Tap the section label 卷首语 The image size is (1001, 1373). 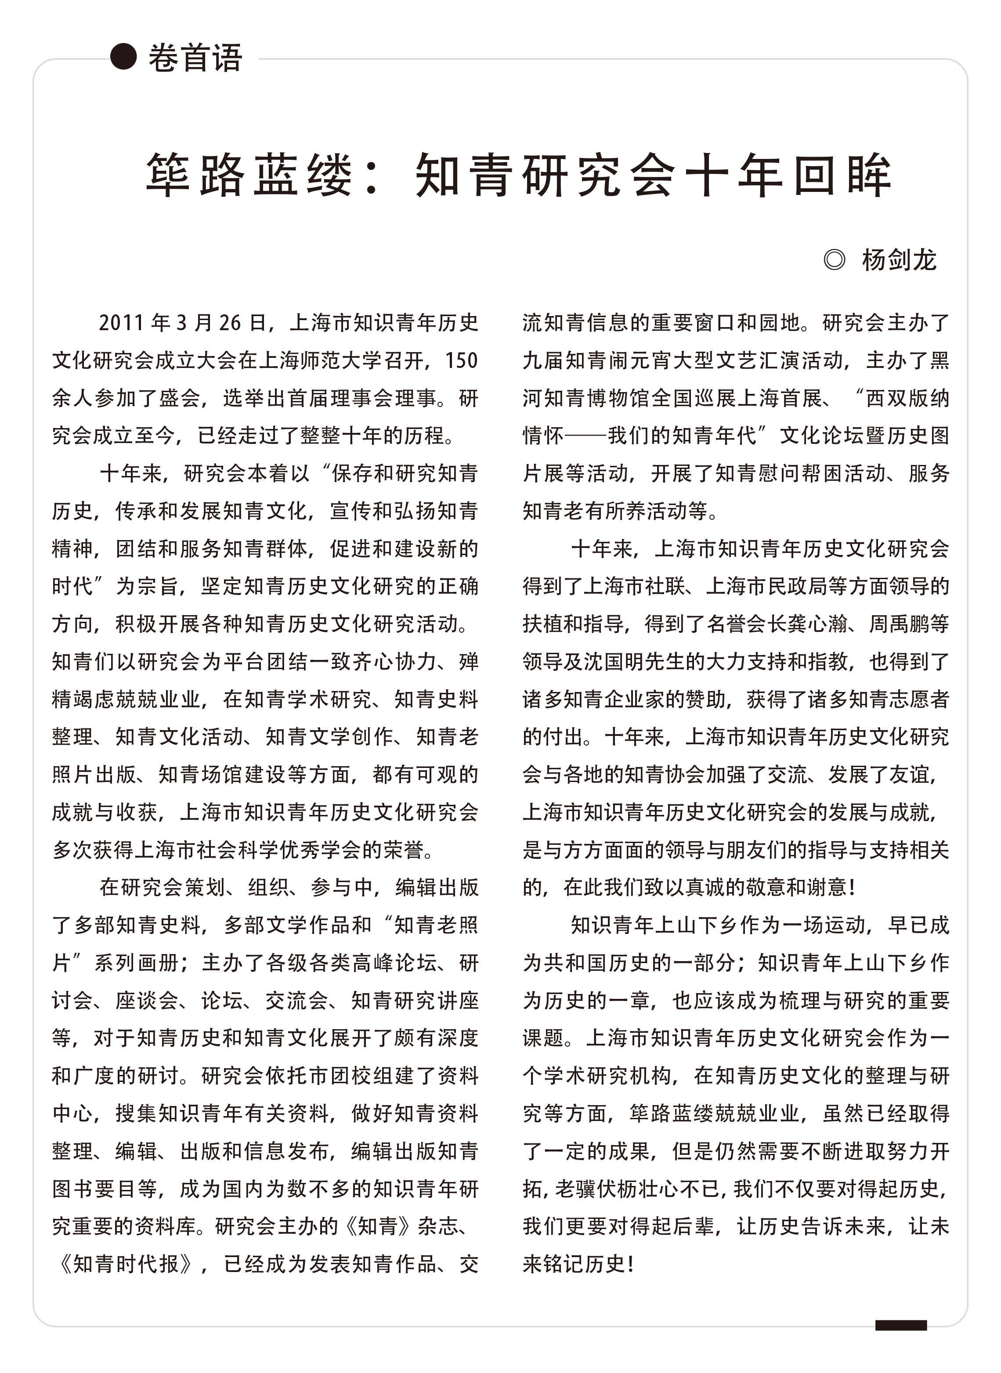(x=195, y=58)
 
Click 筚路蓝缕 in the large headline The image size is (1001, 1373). (x=249, y=175)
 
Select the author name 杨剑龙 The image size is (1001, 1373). (x=899, y=260)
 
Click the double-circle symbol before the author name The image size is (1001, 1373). (x=835, y=260)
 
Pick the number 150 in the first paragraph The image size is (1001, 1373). (x=461, y=360)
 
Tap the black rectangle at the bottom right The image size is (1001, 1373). (x=900, y=1326)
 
